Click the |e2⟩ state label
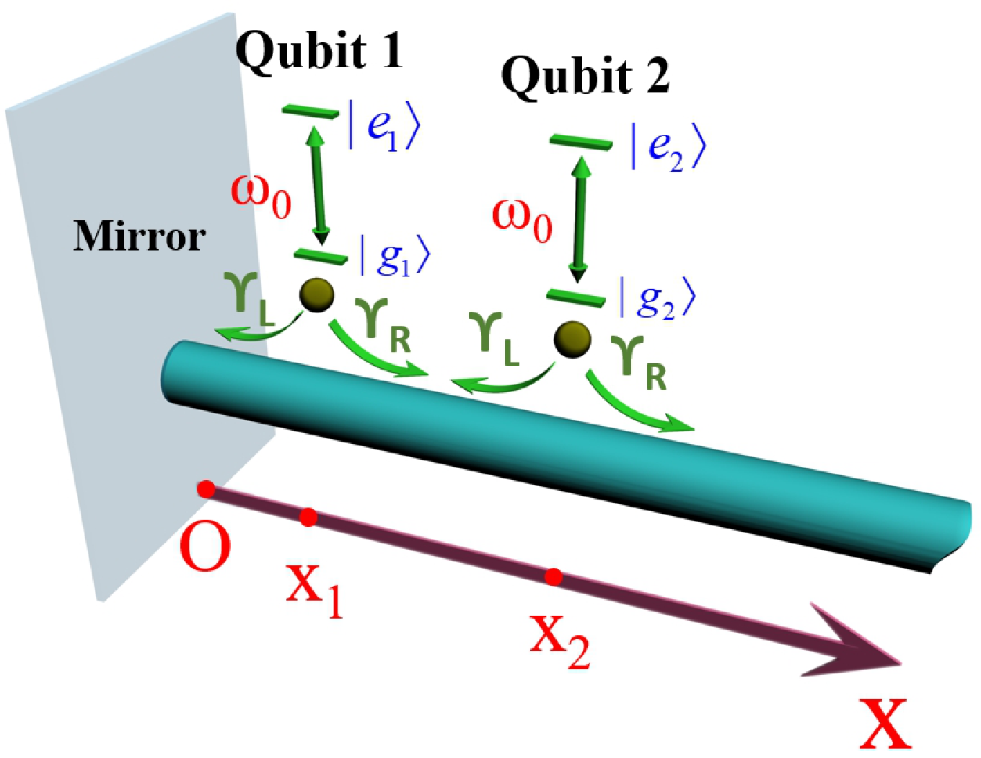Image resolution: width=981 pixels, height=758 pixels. pos(667,147)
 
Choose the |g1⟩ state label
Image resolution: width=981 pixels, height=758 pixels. pos(394,256)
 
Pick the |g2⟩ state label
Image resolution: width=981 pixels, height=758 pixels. pos(657,298)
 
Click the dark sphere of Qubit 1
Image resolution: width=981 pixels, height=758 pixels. pos(317,295)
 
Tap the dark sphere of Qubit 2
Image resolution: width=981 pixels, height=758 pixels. pos(573,339)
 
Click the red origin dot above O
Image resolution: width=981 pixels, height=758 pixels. pos(206,489)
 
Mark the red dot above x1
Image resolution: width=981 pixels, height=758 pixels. pos(309,517)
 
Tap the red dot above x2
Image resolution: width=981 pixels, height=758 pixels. pos(553,577)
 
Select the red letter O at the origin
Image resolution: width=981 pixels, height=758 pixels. pos(206,549)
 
